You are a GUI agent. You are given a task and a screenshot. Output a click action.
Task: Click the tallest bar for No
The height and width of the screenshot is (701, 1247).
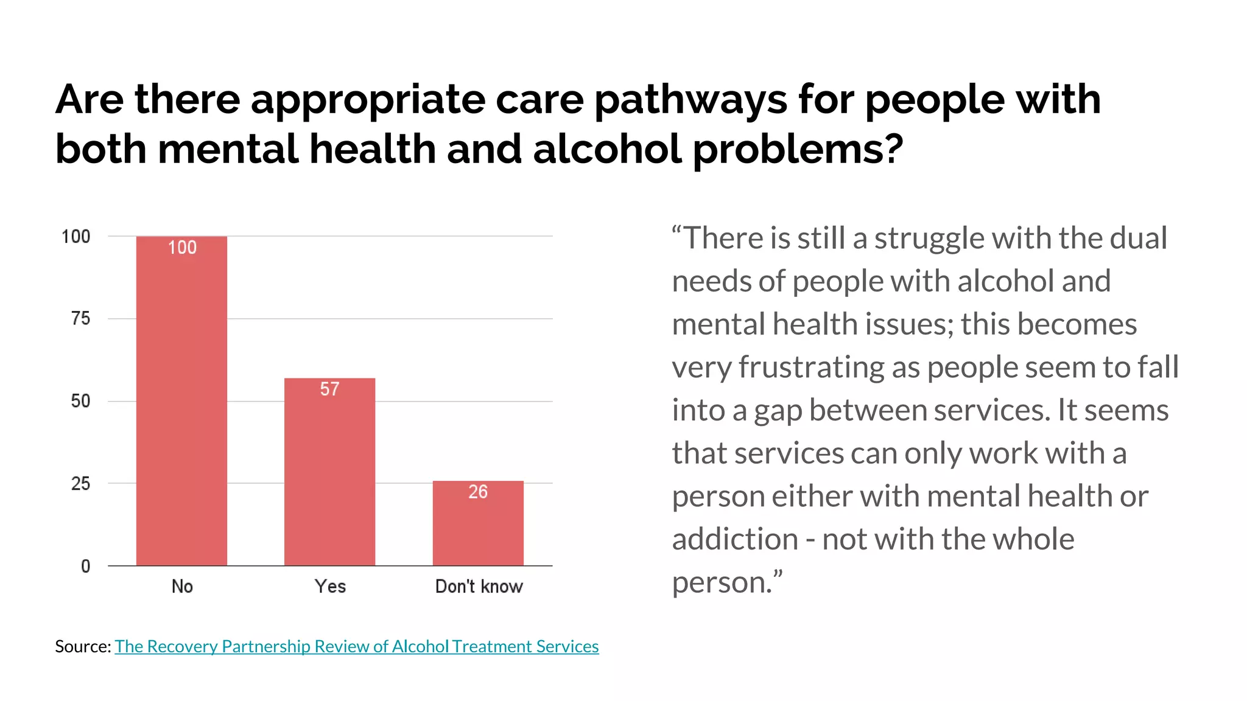(x=181, y=402)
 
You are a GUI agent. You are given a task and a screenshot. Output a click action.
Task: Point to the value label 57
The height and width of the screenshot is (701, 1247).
(x=329, y=389)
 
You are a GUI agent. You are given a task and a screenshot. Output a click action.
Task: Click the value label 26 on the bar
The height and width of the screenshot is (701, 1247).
(x=478, y=492)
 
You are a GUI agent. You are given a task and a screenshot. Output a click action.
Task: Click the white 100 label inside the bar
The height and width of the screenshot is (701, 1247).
(x=182, y=248)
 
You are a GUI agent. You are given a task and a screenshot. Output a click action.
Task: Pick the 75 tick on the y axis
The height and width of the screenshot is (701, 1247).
(x=80, y=318)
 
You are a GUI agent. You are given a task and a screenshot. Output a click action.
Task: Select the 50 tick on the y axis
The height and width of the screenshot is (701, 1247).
(x=80, y=401)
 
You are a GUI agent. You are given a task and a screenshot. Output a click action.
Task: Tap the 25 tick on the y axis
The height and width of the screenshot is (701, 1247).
(x=80, y=484)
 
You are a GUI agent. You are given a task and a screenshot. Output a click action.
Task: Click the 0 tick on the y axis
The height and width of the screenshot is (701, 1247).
(x=85, y=567)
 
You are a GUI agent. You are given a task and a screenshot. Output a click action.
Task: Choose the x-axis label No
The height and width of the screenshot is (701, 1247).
(x=182, y=587)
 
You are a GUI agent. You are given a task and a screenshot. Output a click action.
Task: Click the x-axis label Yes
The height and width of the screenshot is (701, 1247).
(x=330, y=587)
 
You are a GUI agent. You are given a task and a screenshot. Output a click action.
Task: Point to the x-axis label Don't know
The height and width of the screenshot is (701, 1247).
(x=479, y=587)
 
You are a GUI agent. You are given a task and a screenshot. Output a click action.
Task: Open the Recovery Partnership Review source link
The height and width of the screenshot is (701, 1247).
(x=357, y=646)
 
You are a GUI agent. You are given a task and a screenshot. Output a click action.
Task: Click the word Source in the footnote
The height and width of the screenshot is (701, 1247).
(x=82, y=646)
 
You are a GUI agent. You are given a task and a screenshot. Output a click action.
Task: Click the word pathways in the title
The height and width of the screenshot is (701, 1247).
(x=690, y=99)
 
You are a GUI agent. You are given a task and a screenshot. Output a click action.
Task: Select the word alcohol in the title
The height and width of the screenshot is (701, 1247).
(x=607, y=149)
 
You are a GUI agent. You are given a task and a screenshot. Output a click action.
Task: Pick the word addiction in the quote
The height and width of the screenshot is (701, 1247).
(x=734, y=540)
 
